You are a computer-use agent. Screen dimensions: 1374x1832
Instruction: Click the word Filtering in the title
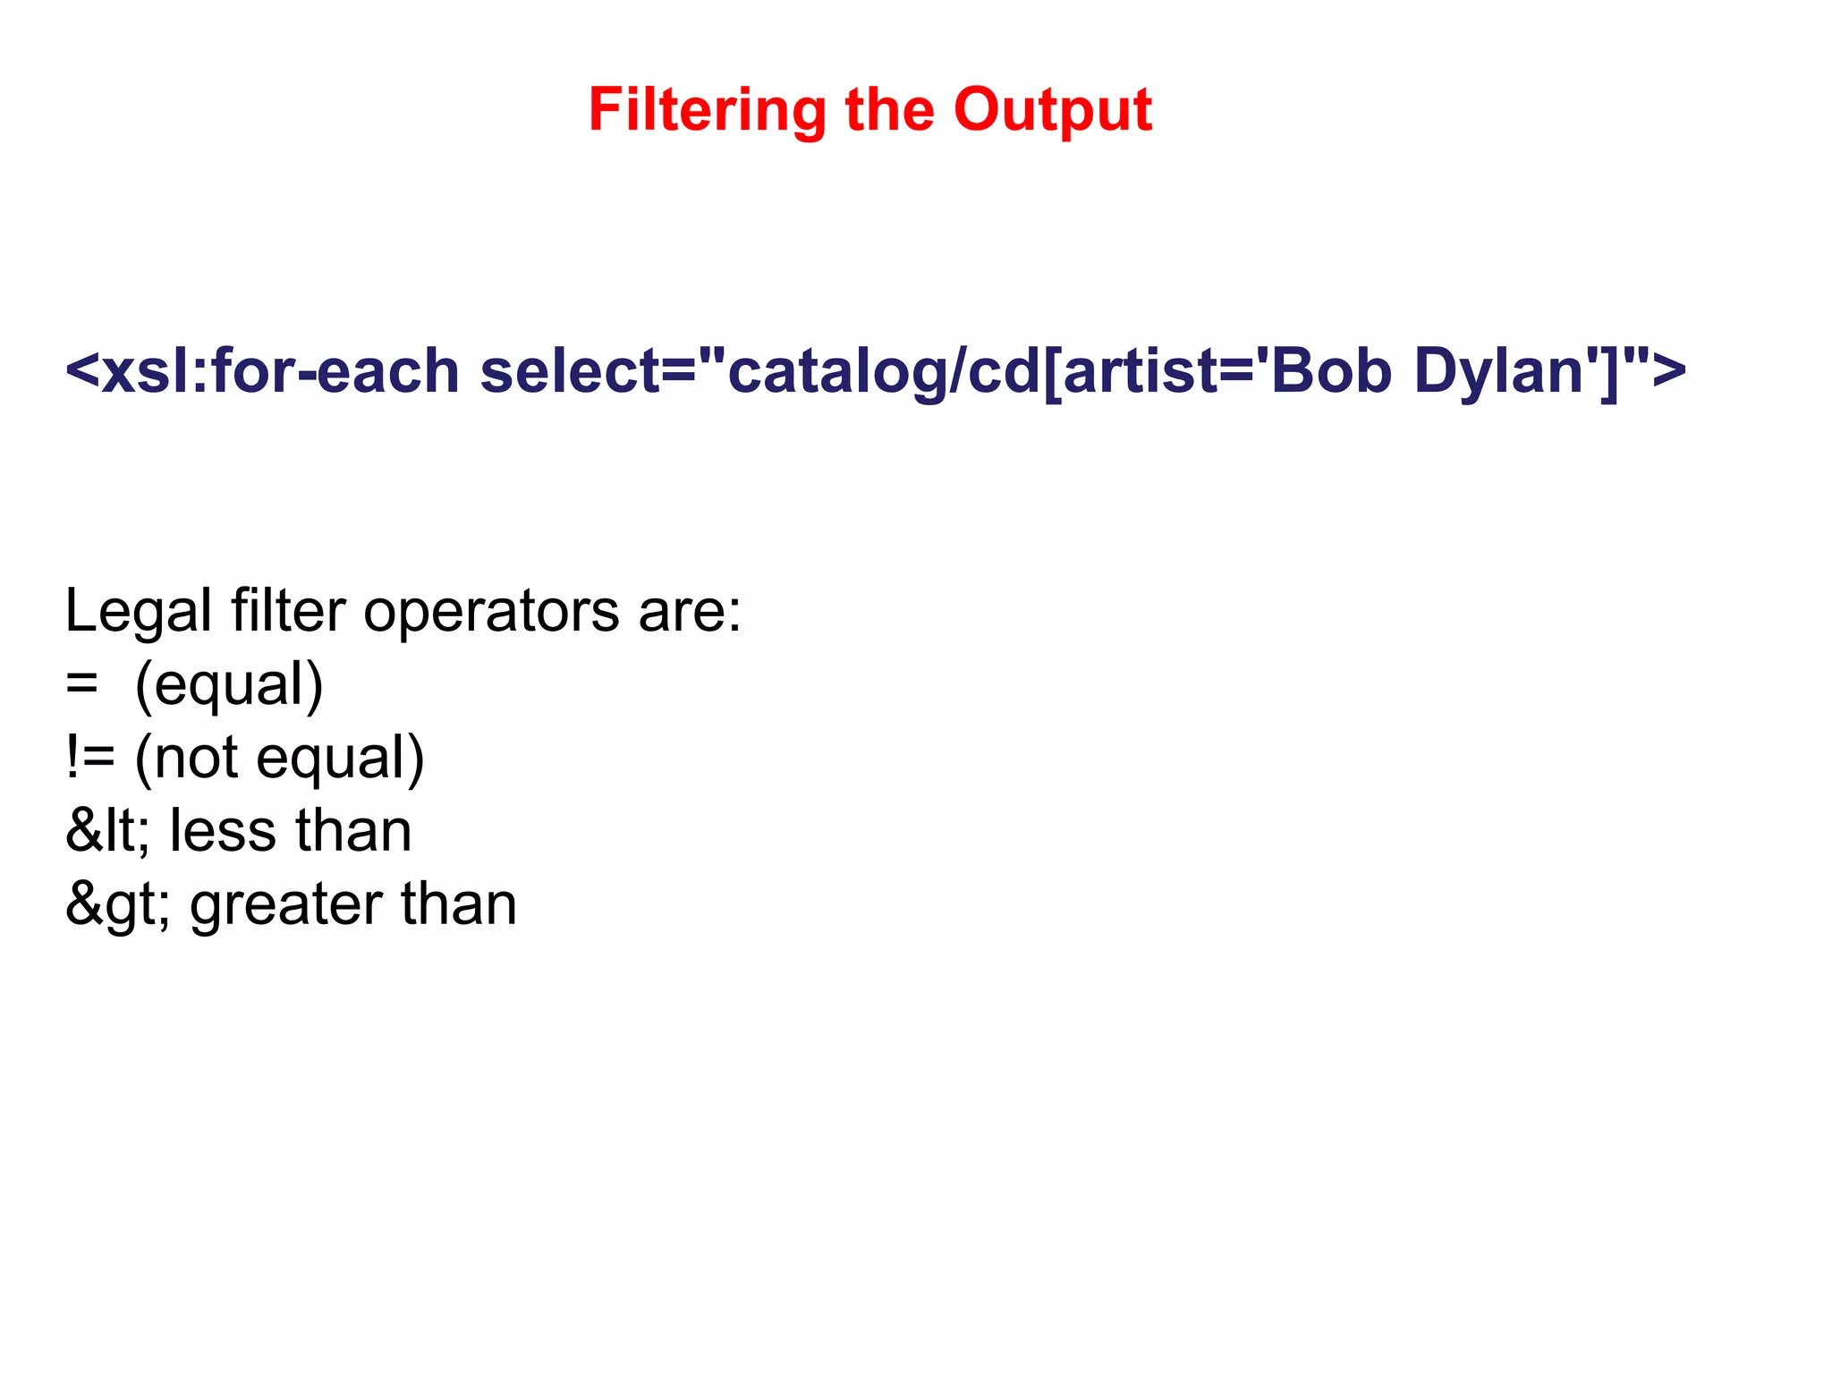coord(707,111)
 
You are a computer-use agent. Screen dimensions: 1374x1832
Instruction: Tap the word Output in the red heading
coord(1053,111)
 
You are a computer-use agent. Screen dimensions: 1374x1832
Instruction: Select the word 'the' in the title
coord(889,109)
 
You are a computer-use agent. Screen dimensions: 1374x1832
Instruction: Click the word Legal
coord(138,613)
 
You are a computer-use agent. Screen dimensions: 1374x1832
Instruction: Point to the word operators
coord(491,613)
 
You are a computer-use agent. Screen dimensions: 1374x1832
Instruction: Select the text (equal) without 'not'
coord(229,686)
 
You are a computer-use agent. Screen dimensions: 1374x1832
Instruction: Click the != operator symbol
coord(90,759)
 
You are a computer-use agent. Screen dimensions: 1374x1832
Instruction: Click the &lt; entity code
coord(107,832)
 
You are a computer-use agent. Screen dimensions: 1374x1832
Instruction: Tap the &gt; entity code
coord(117,905)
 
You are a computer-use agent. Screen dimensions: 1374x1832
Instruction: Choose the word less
coord(223,832)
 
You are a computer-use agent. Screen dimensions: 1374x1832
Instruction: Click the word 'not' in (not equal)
coord(196,759)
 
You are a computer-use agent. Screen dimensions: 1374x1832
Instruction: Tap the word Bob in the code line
coord(1331,370)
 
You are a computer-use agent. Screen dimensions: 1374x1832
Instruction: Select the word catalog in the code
coord(837,372)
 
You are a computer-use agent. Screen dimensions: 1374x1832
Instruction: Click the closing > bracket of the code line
coord(1669,370)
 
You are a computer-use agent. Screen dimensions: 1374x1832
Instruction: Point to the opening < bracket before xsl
coord(82,370)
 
